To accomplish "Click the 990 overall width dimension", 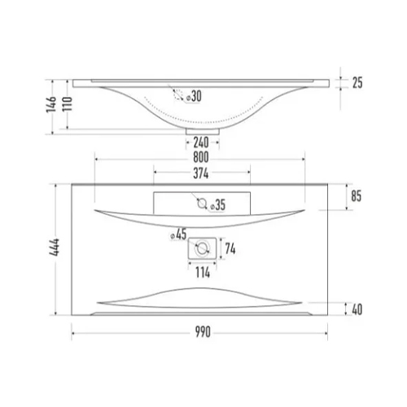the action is [203, 332].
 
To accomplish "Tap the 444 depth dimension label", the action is [55, 247].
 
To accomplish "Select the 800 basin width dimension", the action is [201, 157].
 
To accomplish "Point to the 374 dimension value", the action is [201, 173].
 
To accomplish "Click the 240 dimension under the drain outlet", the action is [201, 142].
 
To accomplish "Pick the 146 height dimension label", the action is [51, 104].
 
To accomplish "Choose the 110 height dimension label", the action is [67, 104].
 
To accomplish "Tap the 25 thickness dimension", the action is [357, 83].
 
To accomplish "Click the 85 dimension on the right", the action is [357, 196].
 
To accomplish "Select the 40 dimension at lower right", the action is [357, 309].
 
